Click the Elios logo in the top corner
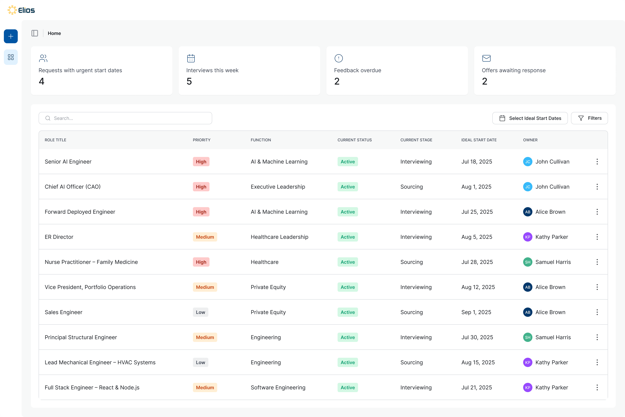(x=21, y=10)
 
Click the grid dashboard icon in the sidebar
(x=11, y=57)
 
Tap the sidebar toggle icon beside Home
(x=35, y=33)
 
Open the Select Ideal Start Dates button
(x=530, y=118)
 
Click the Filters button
(x=589, y=118)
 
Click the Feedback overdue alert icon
(x=339, y=58)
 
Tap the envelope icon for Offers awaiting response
(x=486, y=58)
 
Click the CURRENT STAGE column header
(x=416, y=140)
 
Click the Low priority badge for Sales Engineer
(x=200, y=312)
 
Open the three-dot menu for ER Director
(x=597, y=237)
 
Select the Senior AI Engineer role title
(x=68, y=162)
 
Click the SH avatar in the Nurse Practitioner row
(x=527, y=262)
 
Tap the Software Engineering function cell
(x=278, y=387)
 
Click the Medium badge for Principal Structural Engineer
(x=205, y=337)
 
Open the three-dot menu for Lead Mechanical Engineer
(x=597, y=363)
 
